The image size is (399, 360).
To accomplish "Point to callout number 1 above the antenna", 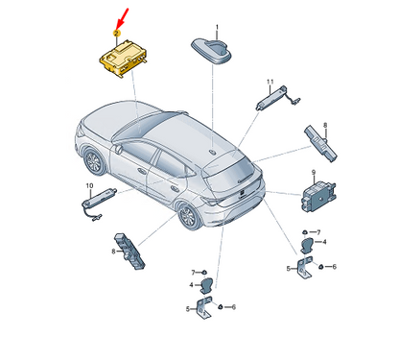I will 217,26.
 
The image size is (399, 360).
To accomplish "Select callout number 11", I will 270,82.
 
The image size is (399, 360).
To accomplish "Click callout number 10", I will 90,184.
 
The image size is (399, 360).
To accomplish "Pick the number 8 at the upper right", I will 325,126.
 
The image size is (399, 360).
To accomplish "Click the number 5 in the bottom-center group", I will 187,308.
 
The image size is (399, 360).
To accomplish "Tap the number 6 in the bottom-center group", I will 235,306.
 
